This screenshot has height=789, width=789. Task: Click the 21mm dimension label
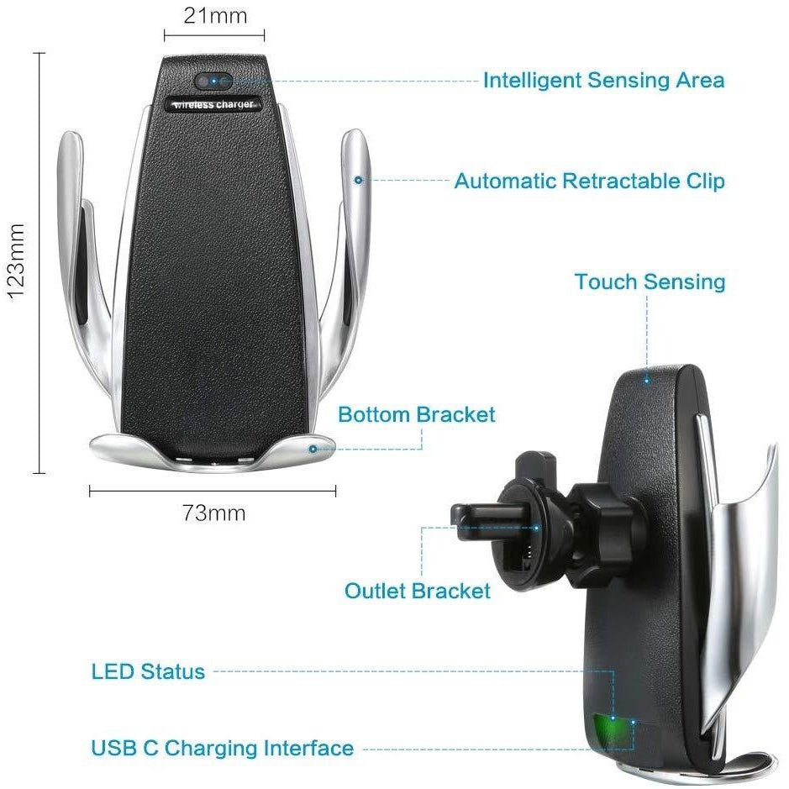214,16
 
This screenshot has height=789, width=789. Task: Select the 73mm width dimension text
214,512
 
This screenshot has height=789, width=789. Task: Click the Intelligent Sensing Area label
602,81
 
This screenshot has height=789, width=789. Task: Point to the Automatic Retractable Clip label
589,181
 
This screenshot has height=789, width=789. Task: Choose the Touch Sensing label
650,281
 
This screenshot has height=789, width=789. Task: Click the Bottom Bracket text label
416,414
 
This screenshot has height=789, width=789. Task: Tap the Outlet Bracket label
417,591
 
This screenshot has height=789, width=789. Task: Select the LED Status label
148,671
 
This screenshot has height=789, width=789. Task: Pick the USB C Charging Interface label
222,748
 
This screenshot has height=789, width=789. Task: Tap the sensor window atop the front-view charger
213,82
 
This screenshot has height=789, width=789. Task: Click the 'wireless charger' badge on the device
213,104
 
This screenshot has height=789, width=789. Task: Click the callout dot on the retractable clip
358,180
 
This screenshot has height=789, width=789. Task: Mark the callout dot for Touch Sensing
647,380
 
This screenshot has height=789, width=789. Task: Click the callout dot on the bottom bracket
313,449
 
